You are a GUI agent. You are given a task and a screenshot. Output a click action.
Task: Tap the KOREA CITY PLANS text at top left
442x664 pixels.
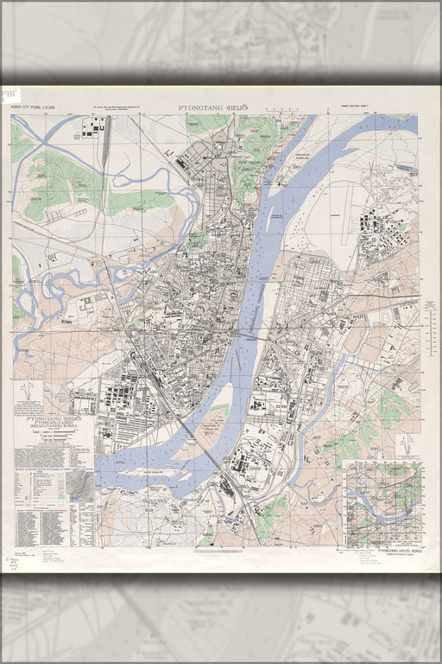[x=33, y=108]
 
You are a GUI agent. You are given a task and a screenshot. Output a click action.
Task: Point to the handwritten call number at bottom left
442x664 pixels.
[x=10, y=566]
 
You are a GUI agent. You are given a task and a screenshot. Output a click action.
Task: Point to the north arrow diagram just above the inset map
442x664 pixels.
[x=405, y=444]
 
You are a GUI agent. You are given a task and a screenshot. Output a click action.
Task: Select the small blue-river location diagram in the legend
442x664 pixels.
[x=82, y=487]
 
